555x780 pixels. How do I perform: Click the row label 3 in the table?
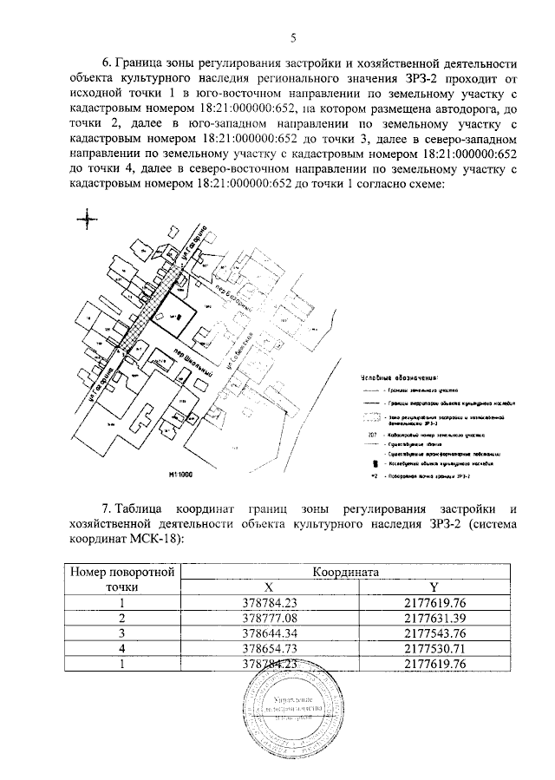tap(123, 633)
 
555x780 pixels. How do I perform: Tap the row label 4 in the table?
tap(123, 648)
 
